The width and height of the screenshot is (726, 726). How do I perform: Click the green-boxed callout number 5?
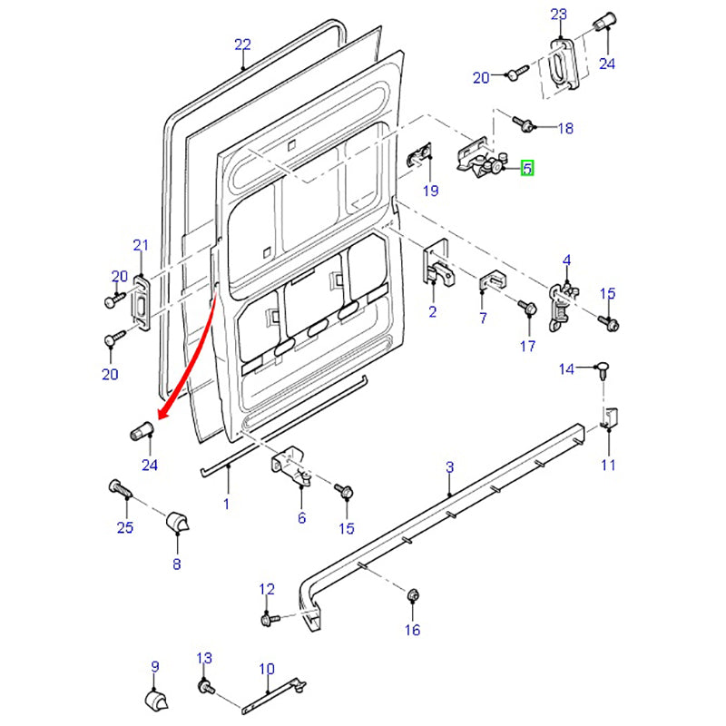click(527, 168)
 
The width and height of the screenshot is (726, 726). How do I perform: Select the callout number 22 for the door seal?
click(242, 44)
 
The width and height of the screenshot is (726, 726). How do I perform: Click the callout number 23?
click(558, 14)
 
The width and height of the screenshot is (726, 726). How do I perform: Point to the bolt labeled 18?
click(525, 123)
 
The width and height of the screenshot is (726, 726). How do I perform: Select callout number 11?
click(608, 466)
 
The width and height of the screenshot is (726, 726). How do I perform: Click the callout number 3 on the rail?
click(449, 467)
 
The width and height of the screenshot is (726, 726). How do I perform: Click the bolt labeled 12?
click(268, 619)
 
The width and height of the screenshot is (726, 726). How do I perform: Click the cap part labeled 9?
click(155, 701)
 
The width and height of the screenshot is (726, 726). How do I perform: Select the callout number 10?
click(266, 670)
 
